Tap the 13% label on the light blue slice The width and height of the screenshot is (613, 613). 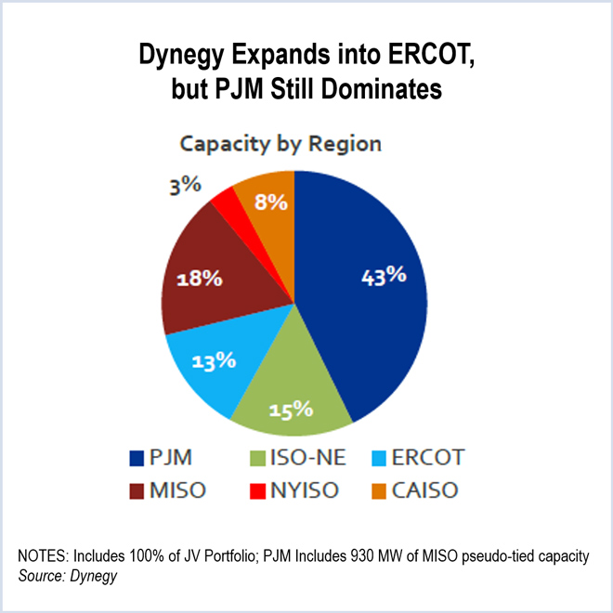211,362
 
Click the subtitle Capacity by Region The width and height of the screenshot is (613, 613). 280,144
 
